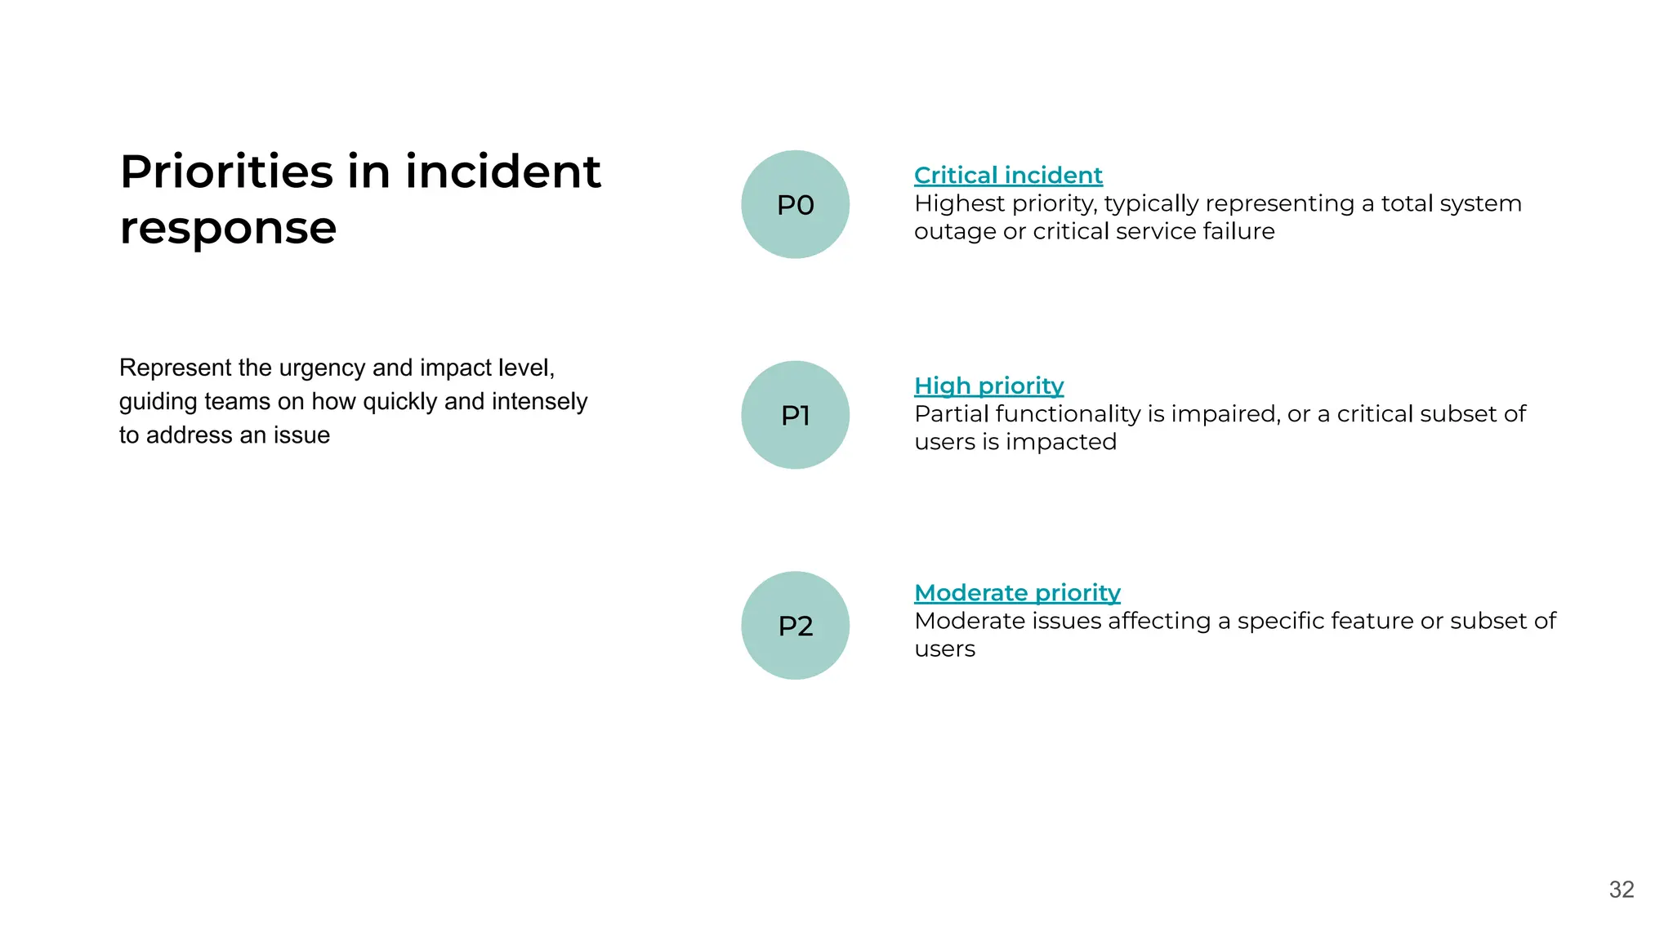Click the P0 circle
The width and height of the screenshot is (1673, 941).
pyautogui.click(x=795, y=204)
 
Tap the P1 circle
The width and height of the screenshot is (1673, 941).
pyautogui.click(x=795, y=415)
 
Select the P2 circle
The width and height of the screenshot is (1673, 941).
pyautogui.click(x=795, y=626)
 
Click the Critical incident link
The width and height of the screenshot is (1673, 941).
pyautogui.click(x=1008, y=175)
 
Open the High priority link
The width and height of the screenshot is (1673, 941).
pyautogui.click(x=988, y=386)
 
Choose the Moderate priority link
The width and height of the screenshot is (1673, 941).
pyautogui.click(x=1017, y=592)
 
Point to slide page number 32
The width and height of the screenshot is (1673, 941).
pyautogui.click(x=1622, y=890)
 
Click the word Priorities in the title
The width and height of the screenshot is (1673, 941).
pyautogui.click(x=226, y=172)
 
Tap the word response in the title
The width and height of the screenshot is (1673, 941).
pyautogui.click(x=228, y=228)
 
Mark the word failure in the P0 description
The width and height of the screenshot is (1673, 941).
pyautogui.click(x=1238, y=231)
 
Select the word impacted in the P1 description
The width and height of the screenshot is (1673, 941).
pyautogui.click(x=1060, y=442)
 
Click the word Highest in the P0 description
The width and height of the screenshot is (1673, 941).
pyautogui.click(x=959, y=203)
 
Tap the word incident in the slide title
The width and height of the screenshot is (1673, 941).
pyautogui.click(x=502, y=172)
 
